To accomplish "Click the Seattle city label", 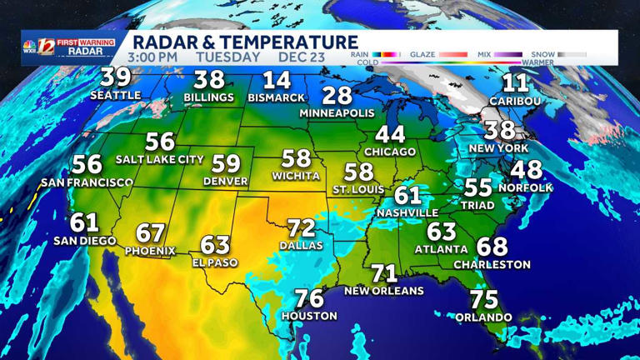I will click(x=115, y=95).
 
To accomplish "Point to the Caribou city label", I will click(x=515, y=101).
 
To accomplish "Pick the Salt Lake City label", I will click(x=160, y=159).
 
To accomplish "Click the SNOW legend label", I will click(x=543, y=55).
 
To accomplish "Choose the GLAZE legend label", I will click(x=422, y=55).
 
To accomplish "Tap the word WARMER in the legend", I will click(x=537, y=62).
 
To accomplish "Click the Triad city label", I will click(x=477, y=204).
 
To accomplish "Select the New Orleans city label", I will click(x=384, y=291).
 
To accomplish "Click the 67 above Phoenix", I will click(x=151, y=233).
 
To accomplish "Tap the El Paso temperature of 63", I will click(x=215, y=245).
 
